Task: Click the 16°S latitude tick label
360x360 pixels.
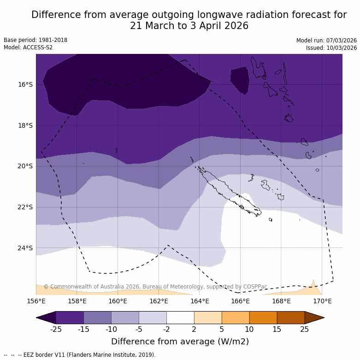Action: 25,84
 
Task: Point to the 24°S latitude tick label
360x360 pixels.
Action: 25,248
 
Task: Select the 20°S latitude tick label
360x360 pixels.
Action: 25,166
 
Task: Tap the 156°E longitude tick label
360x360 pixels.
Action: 36,301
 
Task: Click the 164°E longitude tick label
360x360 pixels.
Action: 200,301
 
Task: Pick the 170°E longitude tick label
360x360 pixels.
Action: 322,301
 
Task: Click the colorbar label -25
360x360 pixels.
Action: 56,329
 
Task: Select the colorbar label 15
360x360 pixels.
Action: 277,329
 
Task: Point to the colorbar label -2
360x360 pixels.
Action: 166,329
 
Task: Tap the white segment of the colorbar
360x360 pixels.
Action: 180,318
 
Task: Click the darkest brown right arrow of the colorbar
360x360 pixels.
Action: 314,318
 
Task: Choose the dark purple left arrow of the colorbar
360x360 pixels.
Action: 46,318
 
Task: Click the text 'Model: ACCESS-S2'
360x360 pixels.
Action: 28,47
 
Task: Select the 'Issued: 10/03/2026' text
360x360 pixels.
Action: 331,48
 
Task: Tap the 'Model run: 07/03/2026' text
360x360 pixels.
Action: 326,41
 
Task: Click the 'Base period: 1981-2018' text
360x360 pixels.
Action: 35,40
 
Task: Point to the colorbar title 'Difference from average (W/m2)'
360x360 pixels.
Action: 180,342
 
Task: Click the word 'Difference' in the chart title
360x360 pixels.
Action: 58,15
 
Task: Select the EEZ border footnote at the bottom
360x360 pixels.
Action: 80,355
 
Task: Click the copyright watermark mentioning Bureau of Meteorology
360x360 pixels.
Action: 155,287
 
